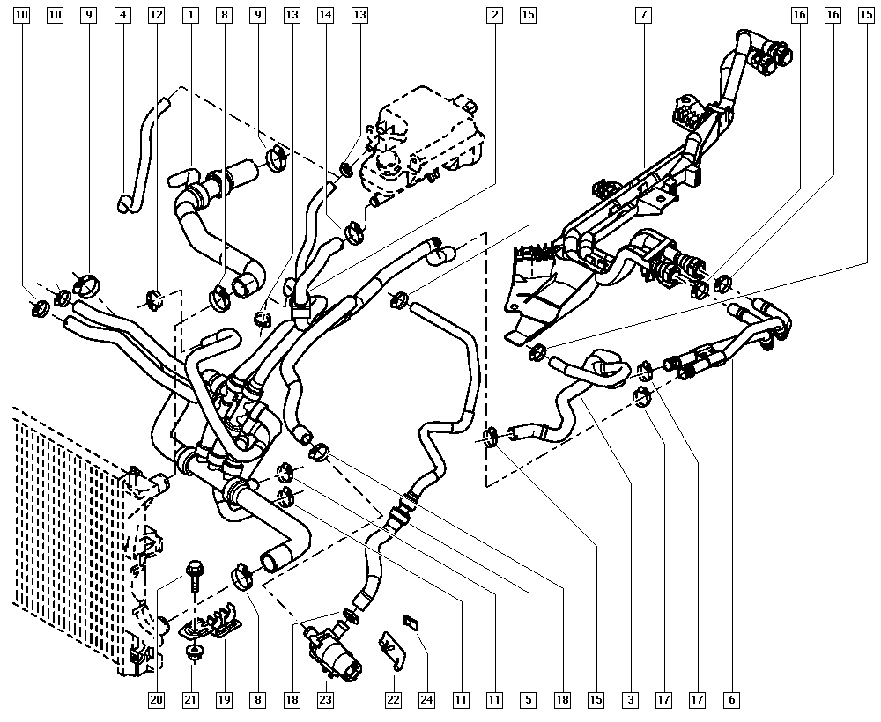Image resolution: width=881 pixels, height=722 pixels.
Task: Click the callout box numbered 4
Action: point(122,15)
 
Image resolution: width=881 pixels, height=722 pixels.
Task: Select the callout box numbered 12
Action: point(156,15)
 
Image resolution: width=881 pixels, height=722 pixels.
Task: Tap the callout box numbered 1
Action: point(191,15)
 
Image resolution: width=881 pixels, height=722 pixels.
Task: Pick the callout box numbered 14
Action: point(326,15)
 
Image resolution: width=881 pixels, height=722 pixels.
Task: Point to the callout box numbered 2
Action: point(496,15)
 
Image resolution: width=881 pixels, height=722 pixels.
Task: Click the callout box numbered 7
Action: point(646,15)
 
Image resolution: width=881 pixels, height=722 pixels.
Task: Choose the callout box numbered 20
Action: point(156,700)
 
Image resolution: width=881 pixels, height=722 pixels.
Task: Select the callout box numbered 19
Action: point(224,700)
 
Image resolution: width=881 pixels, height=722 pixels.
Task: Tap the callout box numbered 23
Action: point(325,700)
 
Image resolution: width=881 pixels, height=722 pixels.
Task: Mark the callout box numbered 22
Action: point(393,700)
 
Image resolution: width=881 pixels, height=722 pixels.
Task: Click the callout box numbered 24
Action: point(426,700)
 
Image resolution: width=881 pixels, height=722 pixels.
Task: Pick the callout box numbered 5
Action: point(528,700)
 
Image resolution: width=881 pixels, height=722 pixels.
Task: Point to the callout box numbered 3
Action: point(630,700)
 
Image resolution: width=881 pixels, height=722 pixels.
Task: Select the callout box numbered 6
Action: point(731,700)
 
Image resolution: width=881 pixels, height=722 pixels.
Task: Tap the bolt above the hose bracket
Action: point(193,573)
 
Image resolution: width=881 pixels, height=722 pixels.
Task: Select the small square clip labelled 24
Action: point(411,622)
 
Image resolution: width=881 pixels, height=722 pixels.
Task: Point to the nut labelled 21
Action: point(191,652)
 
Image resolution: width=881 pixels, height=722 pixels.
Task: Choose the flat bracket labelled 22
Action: point(391,650)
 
